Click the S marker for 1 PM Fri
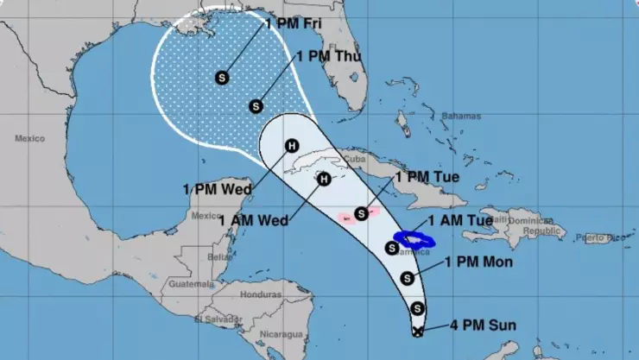coord(222,78)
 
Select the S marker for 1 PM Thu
coord(256,106)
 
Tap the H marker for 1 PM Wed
coord(293,146)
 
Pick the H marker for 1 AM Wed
coord(324,180)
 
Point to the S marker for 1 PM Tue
coord(361,212)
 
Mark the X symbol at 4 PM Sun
coord(418,330)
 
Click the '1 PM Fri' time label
coord(292,23)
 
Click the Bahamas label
coord(459,116)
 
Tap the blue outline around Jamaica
coord(413,238)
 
